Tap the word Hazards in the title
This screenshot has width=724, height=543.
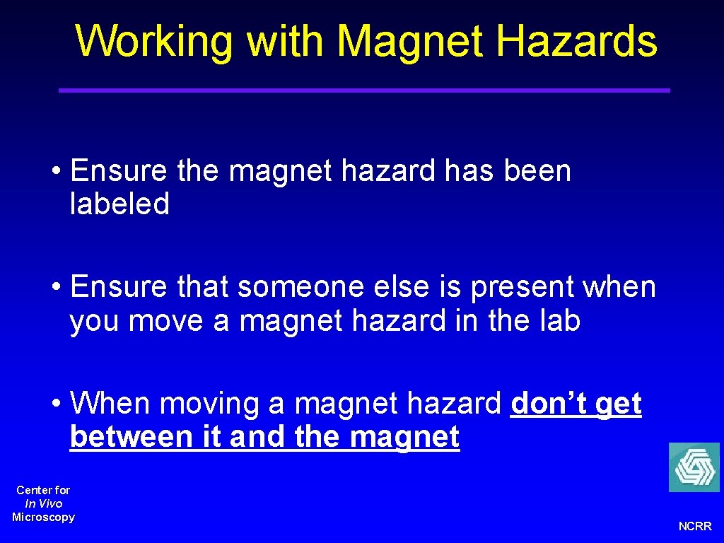pos(576,41)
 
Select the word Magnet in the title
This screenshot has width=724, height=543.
pos(412,41)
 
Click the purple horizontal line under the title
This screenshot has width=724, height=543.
pos(363,90)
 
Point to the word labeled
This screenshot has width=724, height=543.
pos(119,205)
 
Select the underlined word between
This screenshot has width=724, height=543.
pos(132,437)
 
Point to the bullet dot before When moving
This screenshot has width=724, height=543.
pos(57,404)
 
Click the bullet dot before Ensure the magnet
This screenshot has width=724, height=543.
pos(57,172)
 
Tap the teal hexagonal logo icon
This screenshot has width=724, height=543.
pos(694,467)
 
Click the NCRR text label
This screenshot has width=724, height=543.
pos(695,527)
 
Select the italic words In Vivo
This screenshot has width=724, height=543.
pos(43,503)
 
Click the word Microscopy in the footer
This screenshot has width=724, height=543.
pos(43,517)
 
